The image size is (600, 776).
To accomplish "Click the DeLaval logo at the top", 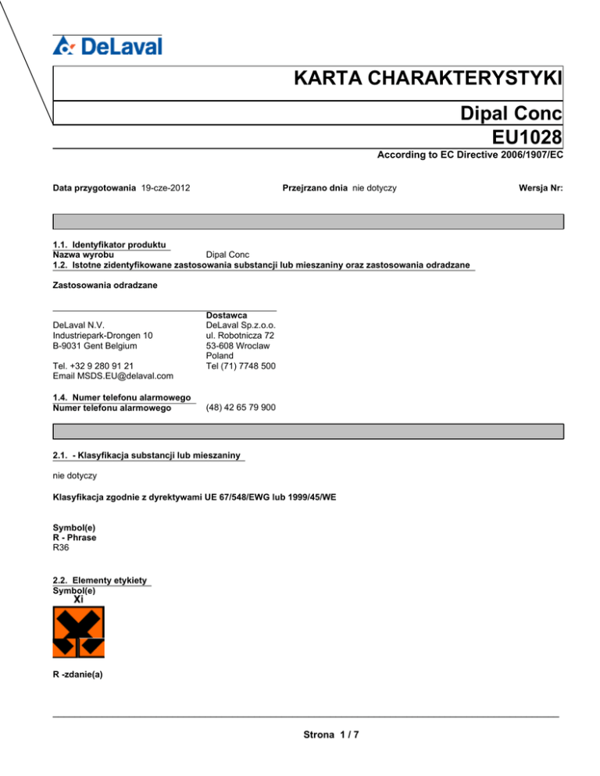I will pyautogui.click(x=108, y=45).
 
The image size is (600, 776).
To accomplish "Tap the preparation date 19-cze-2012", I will pyautogui.click(x=167, y=188).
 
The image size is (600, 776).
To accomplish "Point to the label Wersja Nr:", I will pyautogui.click(x=540, y=188).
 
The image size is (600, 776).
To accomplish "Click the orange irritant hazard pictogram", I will pyautogui.click(x=78, y=632).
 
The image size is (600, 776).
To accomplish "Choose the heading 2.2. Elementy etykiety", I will pyautogui.click(x=101, y=581).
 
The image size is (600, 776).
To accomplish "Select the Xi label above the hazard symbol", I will pyautogui.click(x=78, y=600).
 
